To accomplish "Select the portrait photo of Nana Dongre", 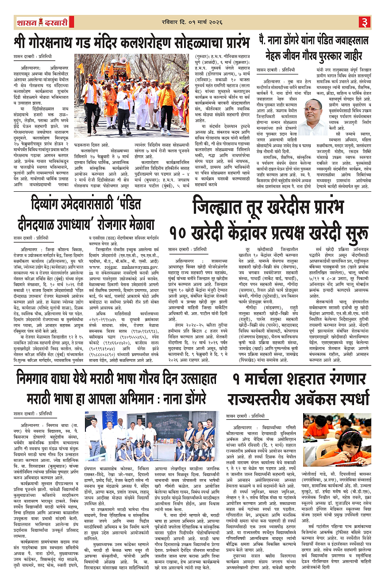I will point(314,116).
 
